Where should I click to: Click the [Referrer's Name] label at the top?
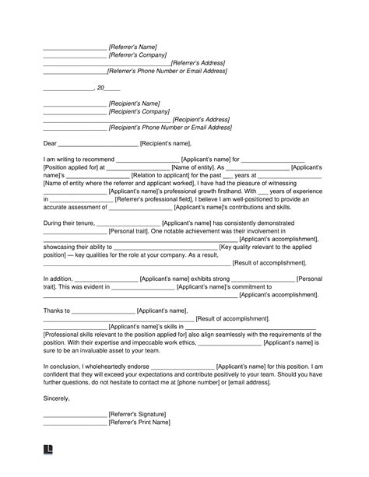tap(134, 47)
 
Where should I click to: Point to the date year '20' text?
tap(100, 87)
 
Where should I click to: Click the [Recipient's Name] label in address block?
tap(135, 103)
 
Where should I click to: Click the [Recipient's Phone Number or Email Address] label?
tap(170, 127)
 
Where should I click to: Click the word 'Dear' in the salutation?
tap(50, 143)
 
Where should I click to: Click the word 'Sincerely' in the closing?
tap(57, 399)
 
